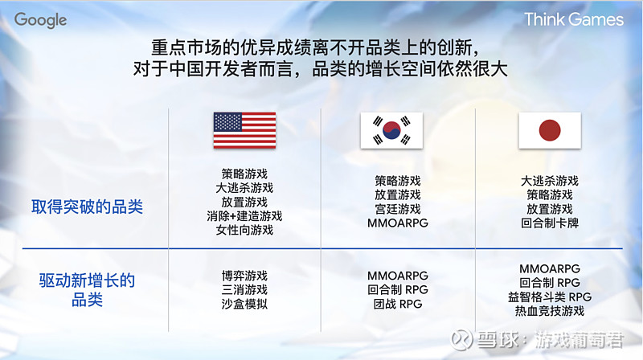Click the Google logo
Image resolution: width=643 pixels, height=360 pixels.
click(40, 20)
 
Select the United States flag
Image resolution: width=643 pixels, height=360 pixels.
click(244, 130)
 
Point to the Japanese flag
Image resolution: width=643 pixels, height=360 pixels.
click(550, 130)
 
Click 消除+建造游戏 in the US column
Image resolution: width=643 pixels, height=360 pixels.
click(244, 216)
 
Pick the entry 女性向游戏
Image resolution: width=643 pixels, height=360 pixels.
click(244, 231)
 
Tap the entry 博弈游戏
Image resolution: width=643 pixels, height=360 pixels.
click(244, 276)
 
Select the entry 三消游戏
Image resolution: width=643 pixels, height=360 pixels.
click(244, 290)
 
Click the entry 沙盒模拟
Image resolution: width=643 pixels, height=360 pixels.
click(244, 305)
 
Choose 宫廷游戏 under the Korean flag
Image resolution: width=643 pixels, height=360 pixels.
click(397, 209)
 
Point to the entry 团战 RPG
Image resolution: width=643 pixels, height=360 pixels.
click(397, 305)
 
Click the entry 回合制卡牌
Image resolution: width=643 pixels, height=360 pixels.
click(550, 223)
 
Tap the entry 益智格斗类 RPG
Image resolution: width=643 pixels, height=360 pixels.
click(550, 297)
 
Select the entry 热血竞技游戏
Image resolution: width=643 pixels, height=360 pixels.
click(550, 311)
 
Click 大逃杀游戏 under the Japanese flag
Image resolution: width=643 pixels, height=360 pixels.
click(550, 181)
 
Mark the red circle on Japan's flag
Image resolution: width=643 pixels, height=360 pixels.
click(550, 130)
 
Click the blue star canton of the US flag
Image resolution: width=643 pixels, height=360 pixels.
click(227, 121)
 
